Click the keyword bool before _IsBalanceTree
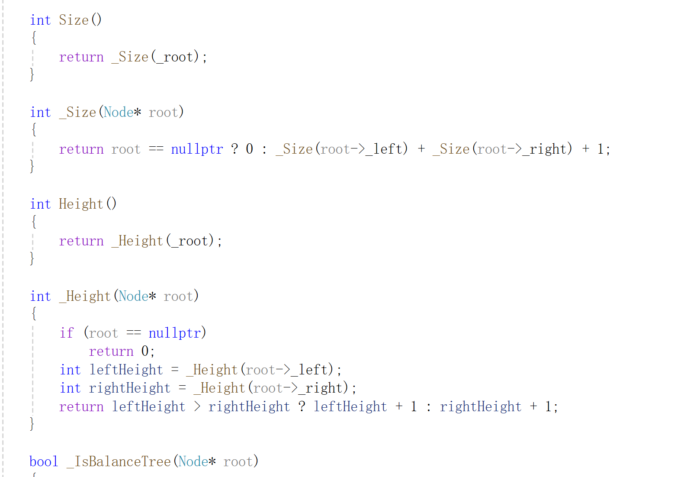click(44, 461)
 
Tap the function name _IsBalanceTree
click(119, 461)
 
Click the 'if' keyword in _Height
click(67, 333)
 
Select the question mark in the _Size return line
click(234, 149)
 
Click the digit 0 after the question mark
click(250, 149)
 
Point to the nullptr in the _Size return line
click(197, 149)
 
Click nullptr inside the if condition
click(175, 333)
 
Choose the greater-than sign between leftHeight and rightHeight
click(197, 406)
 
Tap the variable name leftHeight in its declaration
click(126, 370)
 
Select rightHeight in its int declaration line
click(130, 388)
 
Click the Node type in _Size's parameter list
click(119, 112)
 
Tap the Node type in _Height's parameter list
click(134, 296)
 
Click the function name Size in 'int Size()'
click(74, 20)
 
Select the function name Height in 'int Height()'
click(81, 204)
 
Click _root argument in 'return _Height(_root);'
click(190, 241)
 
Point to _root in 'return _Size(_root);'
click(175, 57)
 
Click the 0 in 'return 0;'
click(145, 351)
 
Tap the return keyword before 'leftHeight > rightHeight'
click(81, 406)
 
